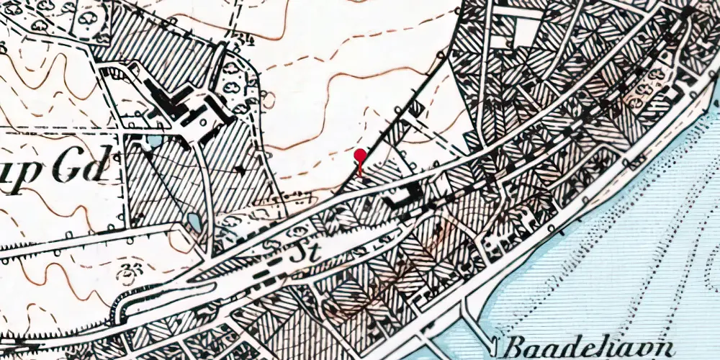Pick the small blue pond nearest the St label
pyautogui.click(x=192, y=222)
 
